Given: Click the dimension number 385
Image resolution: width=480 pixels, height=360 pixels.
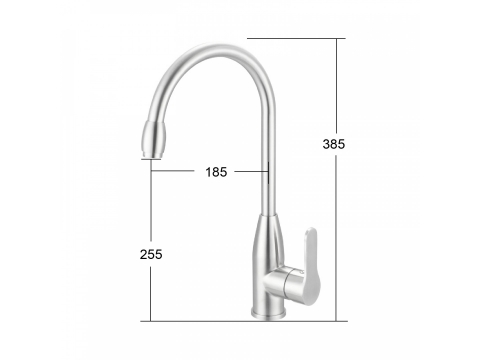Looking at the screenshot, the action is click(334, 144).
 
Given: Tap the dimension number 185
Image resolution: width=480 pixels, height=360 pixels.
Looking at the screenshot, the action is click(216, 172).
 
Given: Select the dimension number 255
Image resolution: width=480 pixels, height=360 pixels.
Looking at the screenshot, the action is click(151, 254).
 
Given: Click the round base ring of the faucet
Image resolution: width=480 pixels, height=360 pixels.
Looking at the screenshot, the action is click(268, 313).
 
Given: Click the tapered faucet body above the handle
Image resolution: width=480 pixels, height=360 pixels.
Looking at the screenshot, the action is click(269, 242).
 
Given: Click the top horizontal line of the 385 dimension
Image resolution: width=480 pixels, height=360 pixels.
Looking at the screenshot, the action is click(296, 38).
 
